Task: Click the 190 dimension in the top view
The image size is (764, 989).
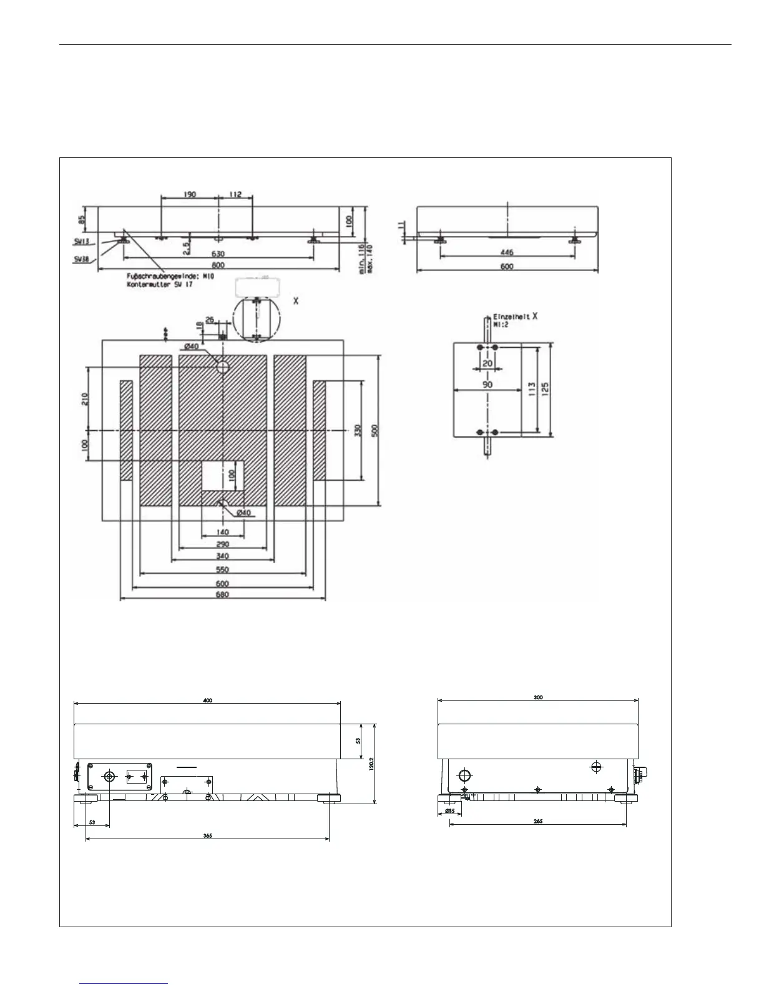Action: [x=189, y=194]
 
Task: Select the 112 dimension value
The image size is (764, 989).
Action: [x=235, y=194]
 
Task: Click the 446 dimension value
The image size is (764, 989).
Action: [x=507, y=252]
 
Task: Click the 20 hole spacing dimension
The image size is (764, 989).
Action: [x=487, y=363]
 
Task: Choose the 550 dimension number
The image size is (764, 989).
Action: [x=223, y=569]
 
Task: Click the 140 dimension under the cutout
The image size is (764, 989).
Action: [x=223, y=533]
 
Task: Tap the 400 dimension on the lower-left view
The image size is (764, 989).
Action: [x=208, y=700]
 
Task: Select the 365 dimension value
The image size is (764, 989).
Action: [x=208, y=835]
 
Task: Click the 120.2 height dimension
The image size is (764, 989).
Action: [x=371, y=764]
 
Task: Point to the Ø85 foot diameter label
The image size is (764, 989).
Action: [x=448, y=811]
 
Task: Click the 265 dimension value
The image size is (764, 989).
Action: [x=538, y=821]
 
